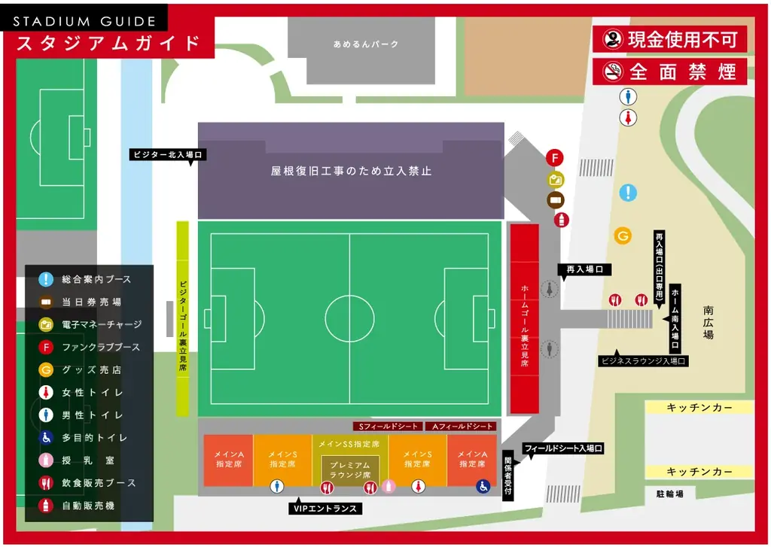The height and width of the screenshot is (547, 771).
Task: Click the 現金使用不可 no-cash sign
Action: [669, 39]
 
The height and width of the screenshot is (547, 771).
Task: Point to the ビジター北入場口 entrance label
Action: [167, 154]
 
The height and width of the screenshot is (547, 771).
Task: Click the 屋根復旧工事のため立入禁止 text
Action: [351, 171]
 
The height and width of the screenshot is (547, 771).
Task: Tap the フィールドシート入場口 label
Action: [563, 448]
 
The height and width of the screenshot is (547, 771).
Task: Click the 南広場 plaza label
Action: [709, 322]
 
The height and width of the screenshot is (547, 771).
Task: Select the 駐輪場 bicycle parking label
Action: [669, 494]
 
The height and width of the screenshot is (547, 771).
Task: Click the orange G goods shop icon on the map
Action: [623, 236]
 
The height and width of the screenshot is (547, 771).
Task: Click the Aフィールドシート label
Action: [462, 427]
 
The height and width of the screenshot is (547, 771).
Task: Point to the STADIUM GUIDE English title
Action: [84, 21]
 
